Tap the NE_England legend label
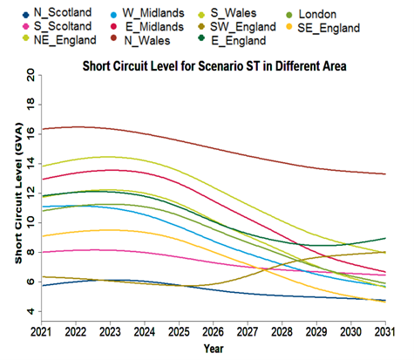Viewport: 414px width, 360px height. tap(51, 40)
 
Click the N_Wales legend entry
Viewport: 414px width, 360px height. tap(152, 40)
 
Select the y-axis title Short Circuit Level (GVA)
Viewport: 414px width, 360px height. tap(17, 195)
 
